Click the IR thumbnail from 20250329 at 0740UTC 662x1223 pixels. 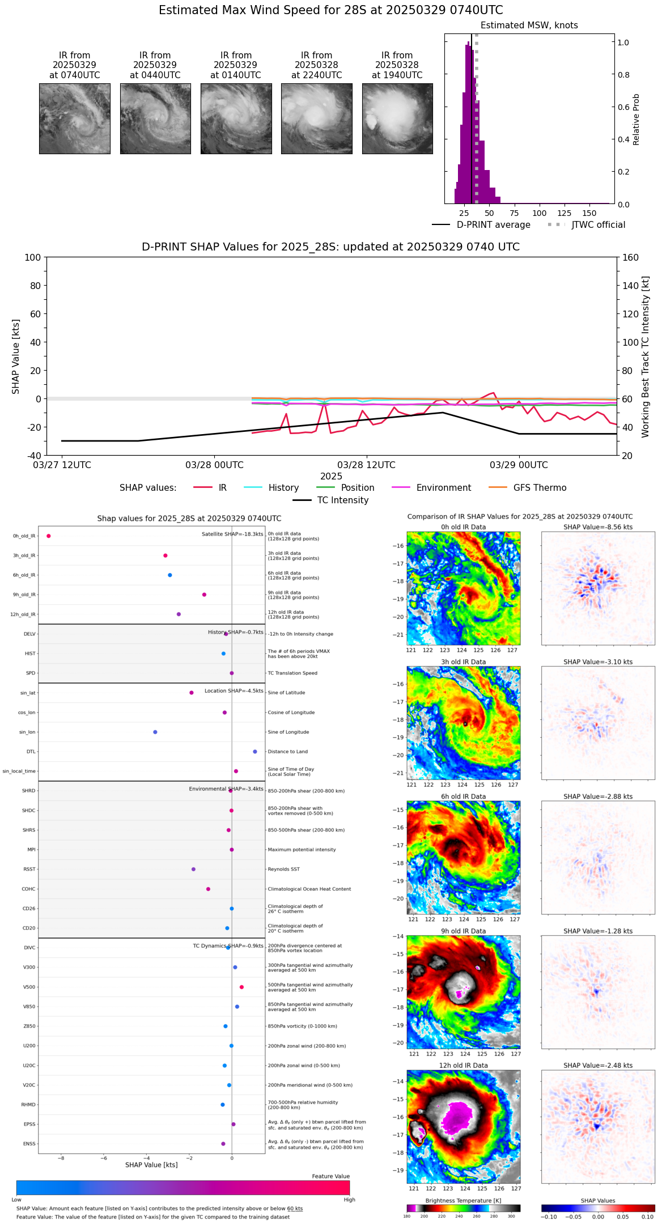tap(74, 118)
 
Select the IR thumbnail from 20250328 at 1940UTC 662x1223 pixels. tap(397, 118)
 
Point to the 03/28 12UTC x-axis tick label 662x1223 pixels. tap(366, 465)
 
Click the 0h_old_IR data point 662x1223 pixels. tap(49, 536)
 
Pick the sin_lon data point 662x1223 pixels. tap(155, 732)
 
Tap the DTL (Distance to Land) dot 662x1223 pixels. tap(255, 751)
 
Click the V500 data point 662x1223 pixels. tap(242, 987)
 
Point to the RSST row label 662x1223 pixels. tap(29, 869)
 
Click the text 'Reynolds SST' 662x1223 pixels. tap(284, 869)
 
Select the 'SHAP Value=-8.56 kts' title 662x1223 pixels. tap(598, 527)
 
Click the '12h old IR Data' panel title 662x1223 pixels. tap(463, 1065)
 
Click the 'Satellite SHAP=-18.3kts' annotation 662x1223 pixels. tap(232, 534)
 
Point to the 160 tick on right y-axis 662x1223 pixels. tap(630, 258)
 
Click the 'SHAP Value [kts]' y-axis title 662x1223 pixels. tap(16, 356)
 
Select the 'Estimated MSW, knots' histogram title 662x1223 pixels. tap(529, 26)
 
